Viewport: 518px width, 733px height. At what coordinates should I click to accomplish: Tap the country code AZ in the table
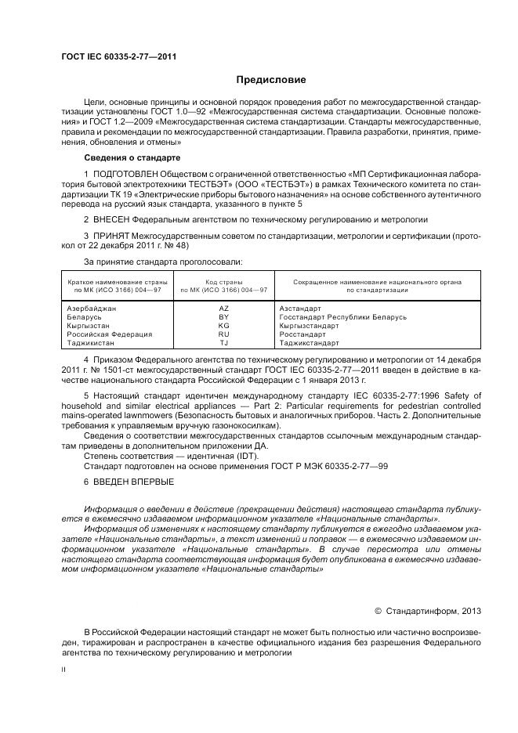223,309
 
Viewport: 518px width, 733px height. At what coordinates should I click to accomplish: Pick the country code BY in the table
223,317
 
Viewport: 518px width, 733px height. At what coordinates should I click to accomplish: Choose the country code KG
223,326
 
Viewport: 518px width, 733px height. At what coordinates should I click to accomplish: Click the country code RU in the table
223,334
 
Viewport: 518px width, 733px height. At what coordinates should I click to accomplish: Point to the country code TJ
223,343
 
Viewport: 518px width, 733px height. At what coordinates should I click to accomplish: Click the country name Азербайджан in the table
91,309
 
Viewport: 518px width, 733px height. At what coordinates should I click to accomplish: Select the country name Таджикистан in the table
91,343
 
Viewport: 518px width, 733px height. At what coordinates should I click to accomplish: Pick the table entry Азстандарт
301,309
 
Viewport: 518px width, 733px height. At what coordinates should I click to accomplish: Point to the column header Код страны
223,281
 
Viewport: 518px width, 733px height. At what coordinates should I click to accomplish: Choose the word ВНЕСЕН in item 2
114,218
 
